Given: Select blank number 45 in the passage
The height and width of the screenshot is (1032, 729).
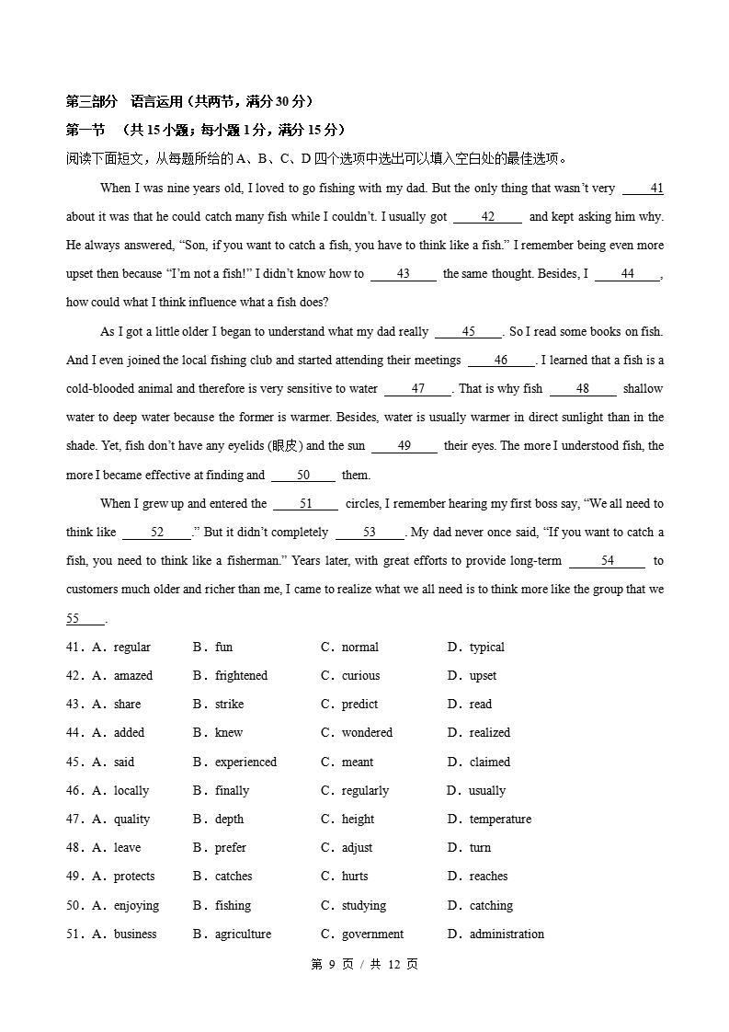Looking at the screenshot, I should click(468, 332).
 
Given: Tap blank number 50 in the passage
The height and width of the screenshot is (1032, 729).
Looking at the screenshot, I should click(303, 476).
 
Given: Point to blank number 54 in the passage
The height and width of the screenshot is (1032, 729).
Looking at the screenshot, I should click(607, 561).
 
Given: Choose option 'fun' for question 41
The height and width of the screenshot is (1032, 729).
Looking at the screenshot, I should click(223, 648).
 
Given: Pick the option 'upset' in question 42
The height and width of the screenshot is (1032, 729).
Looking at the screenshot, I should click(483, 676).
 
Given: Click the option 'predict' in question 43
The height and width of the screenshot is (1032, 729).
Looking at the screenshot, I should click(359, 705).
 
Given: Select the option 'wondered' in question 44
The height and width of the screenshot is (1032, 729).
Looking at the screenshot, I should click(367, 733).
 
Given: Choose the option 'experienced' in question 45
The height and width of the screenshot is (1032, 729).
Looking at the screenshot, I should click(245, 763).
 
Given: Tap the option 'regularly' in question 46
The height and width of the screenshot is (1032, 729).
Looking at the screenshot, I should click(365, 791).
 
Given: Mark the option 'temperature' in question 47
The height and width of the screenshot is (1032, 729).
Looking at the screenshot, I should click(500, 820).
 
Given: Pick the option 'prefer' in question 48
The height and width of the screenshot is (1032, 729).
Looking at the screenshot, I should click(231, 848).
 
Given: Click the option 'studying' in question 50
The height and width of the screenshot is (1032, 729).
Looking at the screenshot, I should click(364, 906).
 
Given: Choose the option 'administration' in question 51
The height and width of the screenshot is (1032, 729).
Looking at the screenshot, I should click(507, 935).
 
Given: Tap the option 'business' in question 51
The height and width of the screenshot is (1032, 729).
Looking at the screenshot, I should click(135, 935).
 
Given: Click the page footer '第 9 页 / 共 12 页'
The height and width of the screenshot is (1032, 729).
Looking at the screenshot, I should click(364, 964).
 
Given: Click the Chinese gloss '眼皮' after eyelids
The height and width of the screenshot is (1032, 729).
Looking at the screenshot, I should click(285, 446).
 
